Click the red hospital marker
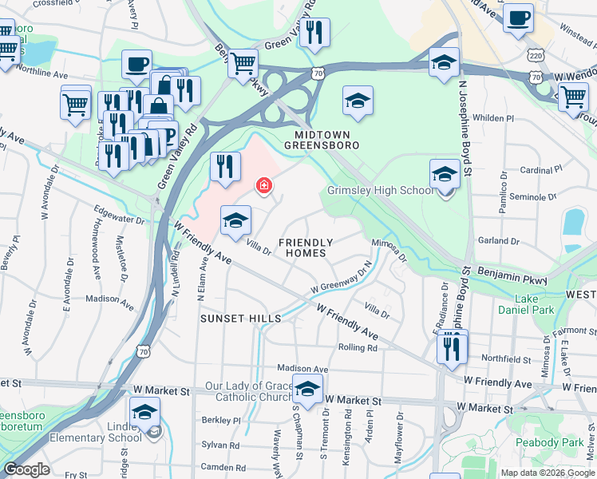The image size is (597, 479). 263,186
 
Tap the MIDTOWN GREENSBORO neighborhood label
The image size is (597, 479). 322,140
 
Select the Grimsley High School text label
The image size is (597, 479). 381,191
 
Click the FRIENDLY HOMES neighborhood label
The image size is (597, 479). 303,247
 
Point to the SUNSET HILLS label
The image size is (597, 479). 240,319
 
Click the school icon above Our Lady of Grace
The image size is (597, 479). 307,390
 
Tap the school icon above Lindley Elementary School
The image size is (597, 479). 144,412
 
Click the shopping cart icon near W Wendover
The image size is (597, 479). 573,97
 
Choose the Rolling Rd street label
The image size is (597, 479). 358,347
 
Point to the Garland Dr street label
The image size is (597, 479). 499,240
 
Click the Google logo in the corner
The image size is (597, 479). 26,469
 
